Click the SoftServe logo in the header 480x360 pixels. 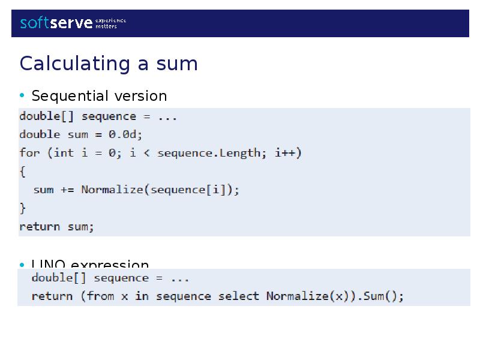[x=56, y=23]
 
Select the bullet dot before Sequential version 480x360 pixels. [x=22, y=96]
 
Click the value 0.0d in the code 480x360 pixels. [x=125, y=134]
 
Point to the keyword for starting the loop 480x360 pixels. [x=29, y=153]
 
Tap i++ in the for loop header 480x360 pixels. [x=288, y=153]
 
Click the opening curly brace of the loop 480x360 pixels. [x=23, y=172]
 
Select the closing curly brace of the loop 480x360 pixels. [x=23, y=208]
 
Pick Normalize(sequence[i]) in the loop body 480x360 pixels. [x=160, y=190]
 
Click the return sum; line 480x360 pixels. [x=57, y=227]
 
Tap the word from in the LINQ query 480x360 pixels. [x=100, y=296]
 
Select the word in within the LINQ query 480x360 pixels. [x=142, y=296]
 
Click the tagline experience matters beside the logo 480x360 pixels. [x=111, y=23]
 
